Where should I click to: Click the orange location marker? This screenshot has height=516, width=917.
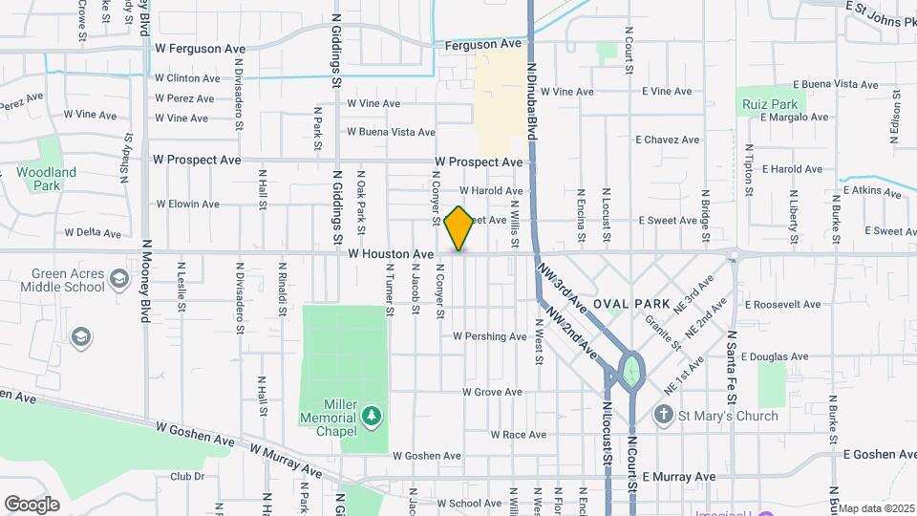[x=459, y=227]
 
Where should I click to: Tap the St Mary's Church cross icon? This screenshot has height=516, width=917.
[x=664, y=416]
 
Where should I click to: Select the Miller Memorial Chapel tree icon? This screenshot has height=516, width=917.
[x=372, y=416]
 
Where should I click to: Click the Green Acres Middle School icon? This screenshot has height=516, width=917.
[x=118, y=279]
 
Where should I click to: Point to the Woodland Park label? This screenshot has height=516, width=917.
[x=46, y=179]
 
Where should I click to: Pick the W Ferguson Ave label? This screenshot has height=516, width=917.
[x=201, y=48]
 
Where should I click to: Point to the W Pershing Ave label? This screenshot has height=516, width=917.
[x=489, y=336]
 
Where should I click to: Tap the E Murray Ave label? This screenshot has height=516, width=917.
[x=679, y=476]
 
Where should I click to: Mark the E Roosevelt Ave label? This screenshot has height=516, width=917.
[x=782, y=305]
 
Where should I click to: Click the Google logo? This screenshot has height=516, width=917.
[x=32, y=505]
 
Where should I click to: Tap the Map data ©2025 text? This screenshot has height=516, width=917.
[x=876, y=508]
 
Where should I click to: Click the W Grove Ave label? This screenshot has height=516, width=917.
[x=492, y=392]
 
